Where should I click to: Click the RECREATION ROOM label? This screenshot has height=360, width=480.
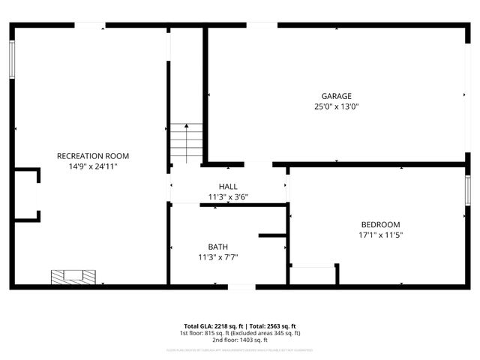pyautogui.click(x=93, y=156)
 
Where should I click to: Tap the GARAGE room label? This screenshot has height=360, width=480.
pyautogui.click(x=337, y=96)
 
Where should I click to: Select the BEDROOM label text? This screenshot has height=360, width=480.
pyautogui.click(x=380, y=224)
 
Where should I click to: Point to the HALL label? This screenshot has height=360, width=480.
pyautogui.click(x=228, y=187)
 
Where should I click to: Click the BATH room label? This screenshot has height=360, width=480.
pyautogui.click(x=218, y=247)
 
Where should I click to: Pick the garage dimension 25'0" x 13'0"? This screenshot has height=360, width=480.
pyautogui.click(x=337, y=106)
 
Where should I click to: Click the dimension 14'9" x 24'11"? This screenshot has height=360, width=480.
pyautogui.click(x=93, y=166)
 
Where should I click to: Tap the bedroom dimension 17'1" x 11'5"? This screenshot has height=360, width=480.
pyautogui.click(x=380, y=235)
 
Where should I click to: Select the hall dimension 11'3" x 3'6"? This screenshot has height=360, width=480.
pyautogui.click(x=228, y=197)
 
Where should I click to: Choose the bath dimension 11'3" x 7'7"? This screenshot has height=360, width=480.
pyautogui.click(x=218, y=257)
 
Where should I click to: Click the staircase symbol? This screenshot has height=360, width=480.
pyautogui.click(x=186, y=142)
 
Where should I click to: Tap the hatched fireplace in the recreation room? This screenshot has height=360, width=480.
pyautogui.click(x=73, y=277)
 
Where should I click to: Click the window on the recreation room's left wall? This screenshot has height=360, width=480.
pyautogui.click(x=13, y=59)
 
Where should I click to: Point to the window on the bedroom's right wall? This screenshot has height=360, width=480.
pyautogui.click(x=467, y=193)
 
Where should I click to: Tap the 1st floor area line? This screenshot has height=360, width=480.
pyautogui.click(x=240, y=333)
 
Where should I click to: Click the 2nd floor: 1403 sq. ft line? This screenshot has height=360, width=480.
pyautogui.click(x=240, y=340)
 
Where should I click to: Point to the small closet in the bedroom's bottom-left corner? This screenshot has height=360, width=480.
pyautogui.click(x=312, y=275)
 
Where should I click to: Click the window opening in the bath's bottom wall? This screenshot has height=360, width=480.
pyautogui.click(x=241, y=286)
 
